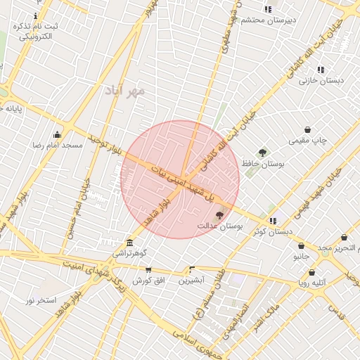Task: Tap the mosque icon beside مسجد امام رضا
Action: (57, 134)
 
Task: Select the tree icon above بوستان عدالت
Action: (219, 215)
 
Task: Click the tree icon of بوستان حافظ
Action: (262, 152)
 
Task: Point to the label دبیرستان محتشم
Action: (268, 20)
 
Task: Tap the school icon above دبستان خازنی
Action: (321, 70)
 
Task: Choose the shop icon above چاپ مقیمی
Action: (308, 129)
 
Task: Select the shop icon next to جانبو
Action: (301, 246)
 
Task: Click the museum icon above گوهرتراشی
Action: (129, 243)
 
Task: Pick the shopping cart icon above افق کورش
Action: (148, 269)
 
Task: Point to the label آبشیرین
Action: (191, 280)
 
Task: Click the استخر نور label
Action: (40, 300)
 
